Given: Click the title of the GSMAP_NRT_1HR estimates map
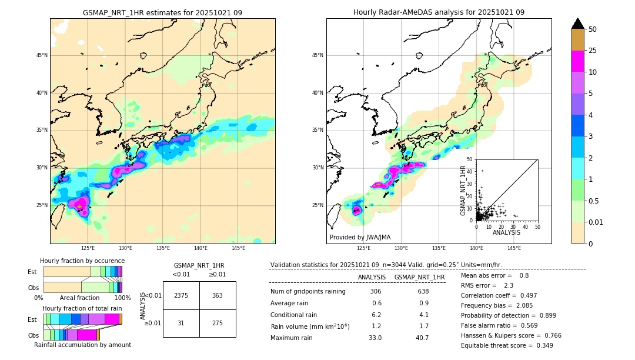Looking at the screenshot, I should [162, 12].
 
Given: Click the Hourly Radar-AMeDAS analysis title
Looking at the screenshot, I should [439, 12].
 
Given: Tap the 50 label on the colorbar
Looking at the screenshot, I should [593, 29].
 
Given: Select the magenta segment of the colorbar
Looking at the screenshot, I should [577, 61].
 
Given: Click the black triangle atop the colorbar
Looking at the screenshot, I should [577, 24].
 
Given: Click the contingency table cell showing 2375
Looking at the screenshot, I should [181, 295].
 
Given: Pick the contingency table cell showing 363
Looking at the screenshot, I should [218, 295].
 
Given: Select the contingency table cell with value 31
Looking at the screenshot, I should [181, 323].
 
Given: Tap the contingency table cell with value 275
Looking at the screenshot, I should [218, 323].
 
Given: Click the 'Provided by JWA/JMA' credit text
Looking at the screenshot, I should [360, 238].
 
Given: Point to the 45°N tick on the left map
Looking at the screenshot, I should [42, 55].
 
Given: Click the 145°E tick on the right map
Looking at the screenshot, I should [514, 248].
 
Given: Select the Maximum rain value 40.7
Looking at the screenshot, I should [422, 338].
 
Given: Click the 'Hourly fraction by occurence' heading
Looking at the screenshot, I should [82, 261].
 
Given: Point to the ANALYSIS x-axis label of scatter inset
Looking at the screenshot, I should [506, 232].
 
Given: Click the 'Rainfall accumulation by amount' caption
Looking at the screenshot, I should [82, 345].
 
